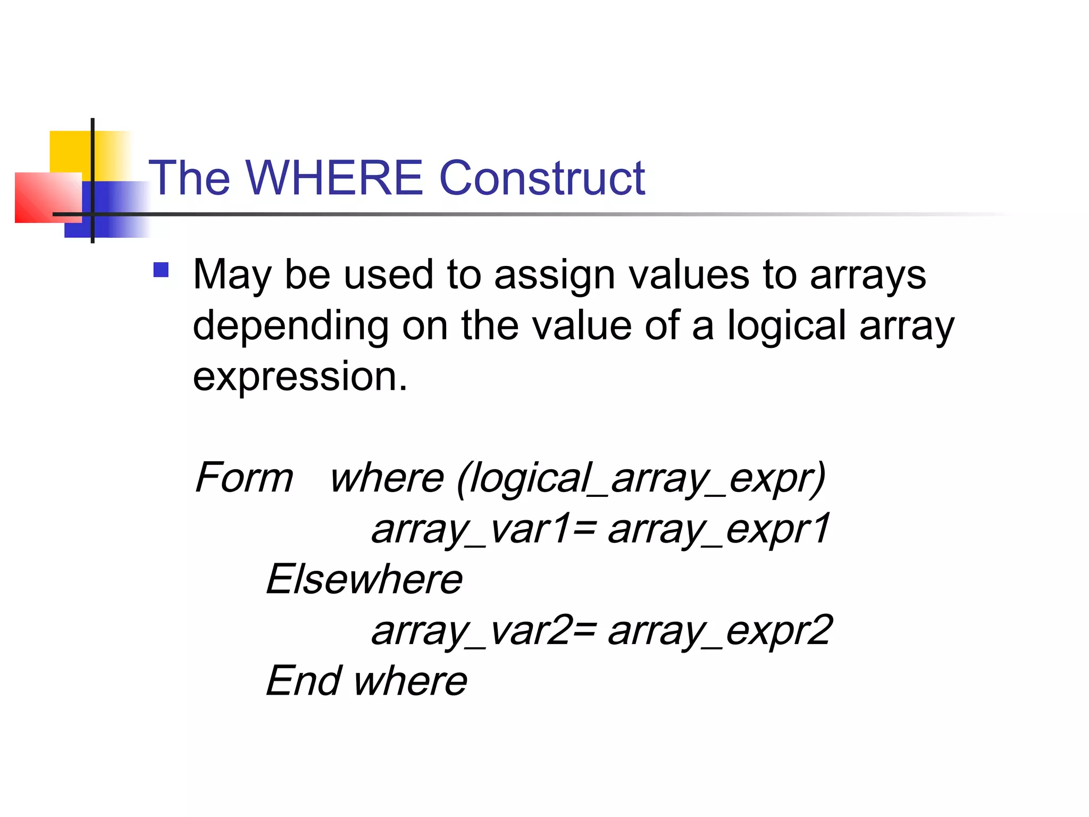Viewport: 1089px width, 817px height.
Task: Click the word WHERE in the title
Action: point(334,178)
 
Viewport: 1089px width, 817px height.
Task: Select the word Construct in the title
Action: point(542,178)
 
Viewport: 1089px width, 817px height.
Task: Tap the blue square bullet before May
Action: point(161,270)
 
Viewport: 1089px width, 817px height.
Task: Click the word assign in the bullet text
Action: point(555,276)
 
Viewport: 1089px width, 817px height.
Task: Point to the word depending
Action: point(290,326)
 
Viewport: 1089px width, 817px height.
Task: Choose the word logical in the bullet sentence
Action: point(786,325)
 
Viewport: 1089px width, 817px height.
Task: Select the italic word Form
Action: point(244,477)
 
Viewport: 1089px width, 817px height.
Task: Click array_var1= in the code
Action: point(483,529)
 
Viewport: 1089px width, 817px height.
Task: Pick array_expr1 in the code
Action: point(719,529)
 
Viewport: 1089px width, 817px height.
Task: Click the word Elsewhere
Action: point(364,579)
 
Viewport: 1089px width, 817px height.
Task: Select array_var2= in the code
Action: point(483,631)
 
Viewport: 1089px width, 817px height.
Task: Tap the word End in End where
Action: point(304,681)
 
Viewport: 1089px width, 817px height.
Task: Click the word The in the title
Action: point(189,178)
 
